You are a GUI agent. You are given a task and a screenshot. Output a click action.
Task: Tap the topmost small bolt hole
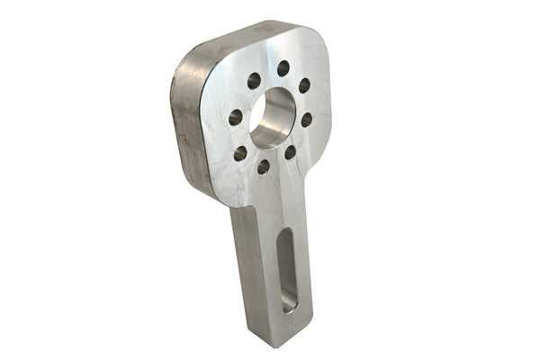coord(283,68)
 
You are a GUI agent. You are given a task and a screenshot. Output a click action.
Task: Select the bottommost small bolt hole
coord(264,166)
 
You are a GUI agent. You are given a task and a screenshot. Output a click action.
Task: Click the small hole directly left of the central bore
coord(236,117)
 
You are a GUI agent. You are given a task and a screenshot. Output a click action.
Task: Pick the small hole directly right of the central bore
coord(306,119)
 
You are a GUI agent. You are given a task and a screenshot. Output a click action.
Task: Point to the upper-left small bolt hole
coord(254,80)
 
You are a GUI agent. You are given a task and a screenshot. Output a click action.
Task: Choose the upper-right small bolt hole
coord(304,85)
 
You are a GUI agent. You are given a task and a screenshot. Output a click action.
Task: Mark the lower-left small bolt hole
coord(240,153)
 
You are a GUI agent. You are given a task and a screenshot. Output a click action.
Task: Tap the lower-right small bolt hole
coord(290,152)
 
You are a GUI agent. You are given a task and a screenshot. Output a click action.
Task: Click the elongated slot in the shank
coord(286,270)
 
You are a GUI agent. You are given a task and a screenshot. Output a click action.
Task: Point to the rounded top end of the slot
coord(285,236)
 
